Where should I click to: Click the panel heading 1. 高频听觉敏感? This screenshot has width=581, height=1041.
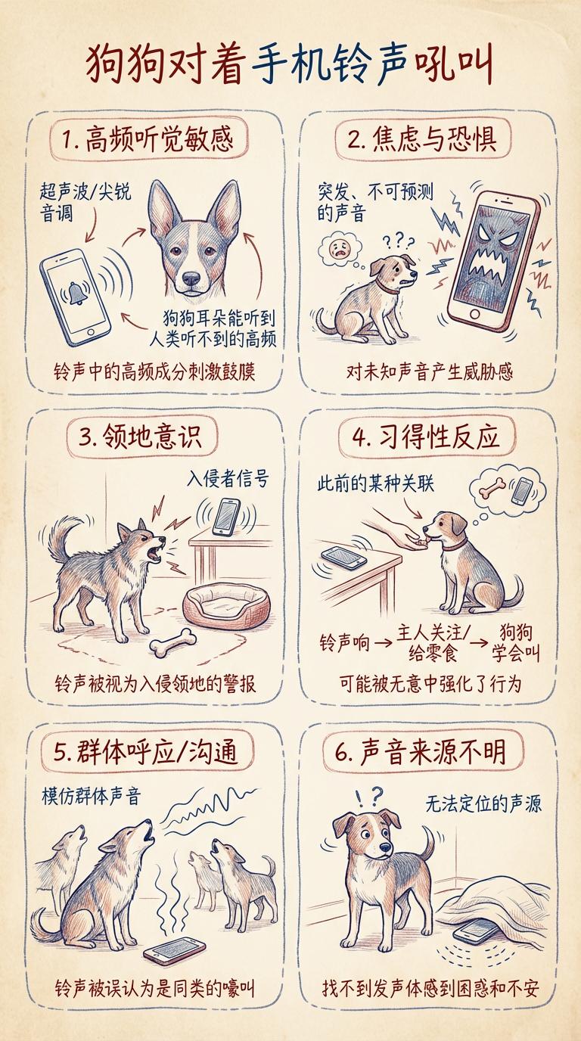(x=148, y=139)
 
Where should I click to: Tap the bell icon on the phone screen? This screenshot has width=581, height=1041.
(x=76, y=292)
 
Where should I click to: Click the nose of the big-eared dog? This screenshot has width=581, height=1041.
(x=191, y=278)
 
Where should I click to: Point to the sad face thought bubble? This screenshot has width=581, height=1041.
(x=340, y=250)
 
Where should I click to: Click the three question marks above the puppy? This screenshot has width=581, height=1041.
(x=398, y=241)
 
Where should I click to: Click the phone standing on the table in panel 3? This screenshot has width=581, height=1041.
(x=226, y=516)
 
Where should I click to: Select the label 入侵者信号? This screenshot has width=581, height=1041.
(x=228, y=478)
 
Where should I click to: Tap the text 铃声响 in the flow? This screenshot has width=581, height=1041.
(x=344, y=644)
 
